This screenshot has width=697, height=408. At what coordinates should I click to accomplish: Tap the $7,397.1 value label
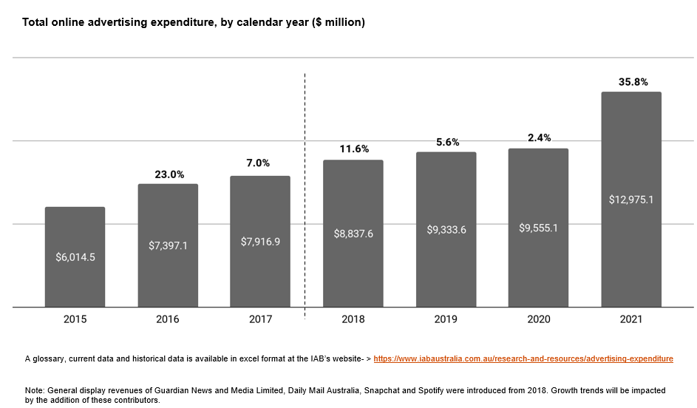click(168, 245)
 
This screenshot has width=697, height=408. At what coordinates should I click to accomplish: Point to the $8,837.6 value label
click(353, 234)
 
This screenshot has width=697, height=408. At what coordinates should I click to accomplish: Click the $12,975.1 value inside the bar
click(630, 199)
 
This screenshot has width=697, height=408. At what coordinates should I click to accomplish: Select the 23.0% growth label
click(168, 175)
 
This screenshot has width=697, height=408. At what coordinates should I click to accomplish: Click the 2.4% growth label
click(538, 138)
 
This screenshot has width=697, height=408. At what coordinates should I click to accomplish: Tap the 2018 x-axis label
click(353, 319)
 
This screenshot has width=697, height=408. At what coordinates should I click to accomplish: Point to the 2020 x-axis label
click(538, 319)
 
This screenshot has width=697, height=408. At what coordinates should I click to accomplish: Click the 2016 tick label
click(168, 319)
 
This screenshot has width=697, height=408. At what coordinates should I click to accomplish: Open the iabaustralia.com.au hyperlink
click(523, 358)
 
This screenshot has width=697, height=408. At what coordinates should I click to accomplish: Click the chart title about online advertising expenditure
click(194, 22)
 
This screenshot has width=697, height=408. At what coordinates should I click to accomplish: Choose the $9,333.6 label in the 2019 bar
click(446, 229)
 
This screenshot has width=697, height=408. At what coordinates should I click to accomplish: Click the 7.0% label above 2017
click(260, 163)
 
